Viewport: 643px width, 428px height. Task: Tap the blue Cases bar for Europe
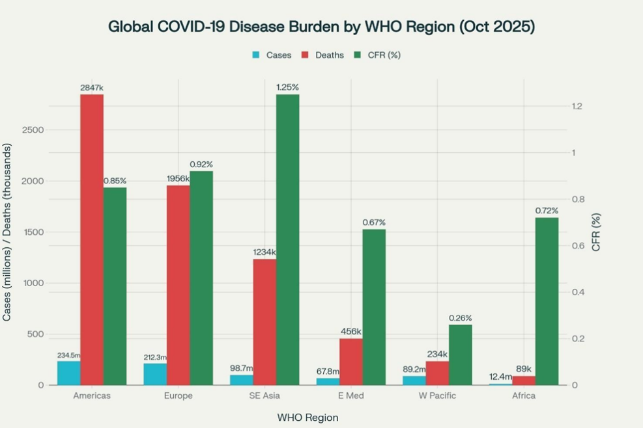point(155,374)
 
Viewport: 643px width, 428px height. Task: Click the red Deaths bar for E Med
point(350,362)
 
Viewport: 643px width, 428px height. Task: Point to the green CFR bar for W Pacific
point(460,354)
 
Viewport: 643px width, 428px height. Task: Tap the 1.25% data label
point(287,87)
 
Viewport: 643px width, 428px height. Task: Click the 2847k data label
point(92,87)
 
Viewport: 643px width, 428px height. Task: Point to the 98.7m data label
point(242,368)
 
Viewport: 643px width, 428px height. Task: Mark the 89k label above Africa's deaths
point(524,369)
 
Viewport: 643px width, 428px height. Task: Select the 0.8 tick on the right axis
point(575,200)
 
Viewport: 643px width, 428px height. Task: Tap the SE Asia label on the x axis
point(264,396)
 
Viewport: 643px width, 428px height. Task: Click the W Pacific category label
point(437,396)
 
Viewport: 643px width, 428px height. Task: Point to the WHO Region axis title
point(307,417)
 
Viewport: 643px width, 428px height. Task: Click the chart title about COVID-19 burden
point(321,27)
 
